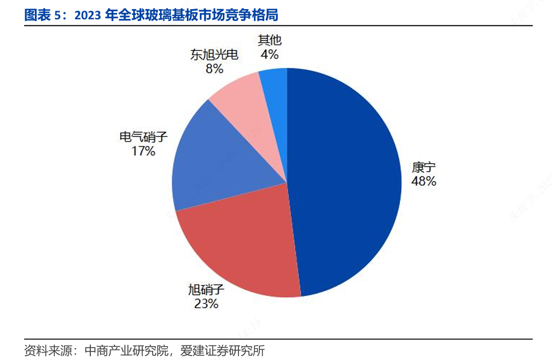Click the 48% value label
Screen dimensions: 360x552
click(424, 181)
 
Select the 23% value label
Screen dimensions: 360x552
click(206, 304)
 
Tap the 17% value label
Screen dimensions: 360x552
click(143, 151)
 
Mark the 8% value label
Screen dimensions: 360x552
click(214, 68)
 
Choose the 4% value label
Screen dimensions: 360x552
click(270, 54)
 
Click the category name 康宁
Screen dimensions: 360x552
click(424, 167)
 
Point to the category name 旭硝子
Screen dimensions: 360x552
click(206, 290)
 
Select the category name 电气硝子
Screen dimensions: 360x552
click(143, 137)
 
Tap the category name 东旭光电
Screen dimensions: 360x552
click(214, 54)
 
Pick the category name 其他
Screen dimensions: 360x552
click(270, 40)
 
